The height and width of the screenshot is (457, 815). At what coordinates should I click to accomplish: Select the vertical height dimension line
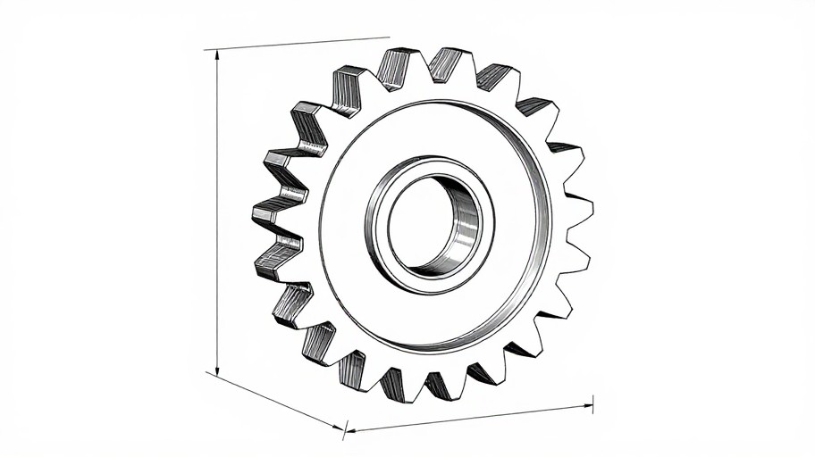click(217, 214)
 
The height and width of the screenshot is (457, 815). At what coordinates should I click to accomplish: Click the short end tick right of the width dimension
click(592, 404)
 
